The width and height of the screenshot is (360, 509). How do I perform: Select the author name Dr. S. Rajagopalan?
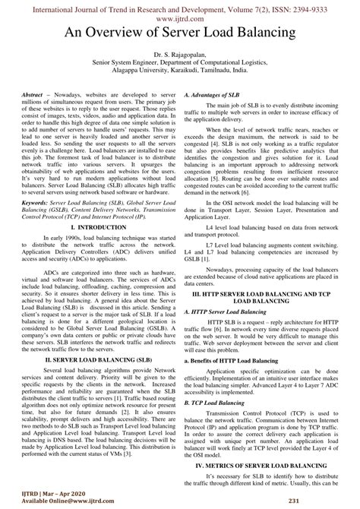(x=180, y=57)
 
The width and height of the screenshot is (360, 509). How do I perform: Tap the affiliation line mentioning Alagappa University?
(x=180, y=74)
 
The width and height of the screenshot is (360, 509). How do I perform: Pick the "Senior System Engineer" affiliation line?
(x=180, y=66)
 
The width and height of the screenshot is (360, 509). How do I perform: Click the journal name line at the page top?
(x=180, y=7)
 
